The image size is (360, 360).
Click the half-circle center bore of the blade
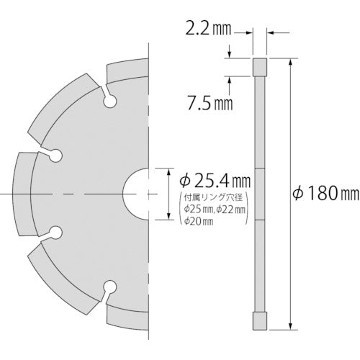(x=135, y=194)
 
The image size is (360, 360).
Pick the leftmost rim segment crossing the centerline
(x=22, y=194)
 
